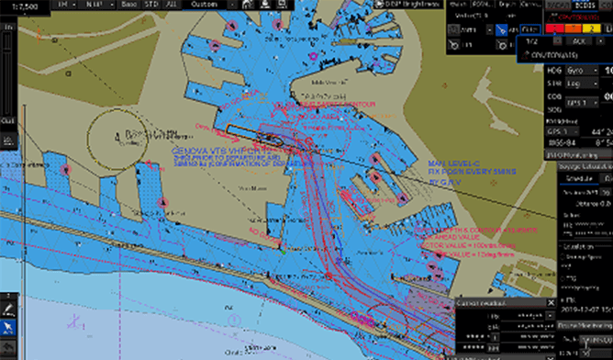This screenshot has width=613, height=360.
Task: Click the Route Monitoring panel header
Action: [x=583, y=325]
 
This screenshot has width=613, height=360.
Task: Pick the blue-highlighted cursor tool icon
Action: [x=8, y=326]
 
